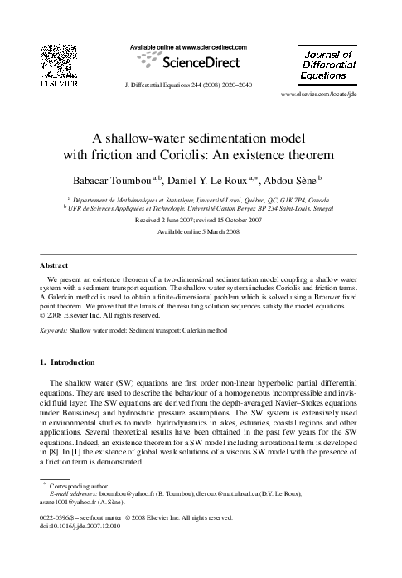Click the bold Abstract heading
click(55, 265)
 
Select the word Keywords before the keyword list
click(55, 330)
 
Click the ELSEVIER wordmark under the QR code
click(58, 85)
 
